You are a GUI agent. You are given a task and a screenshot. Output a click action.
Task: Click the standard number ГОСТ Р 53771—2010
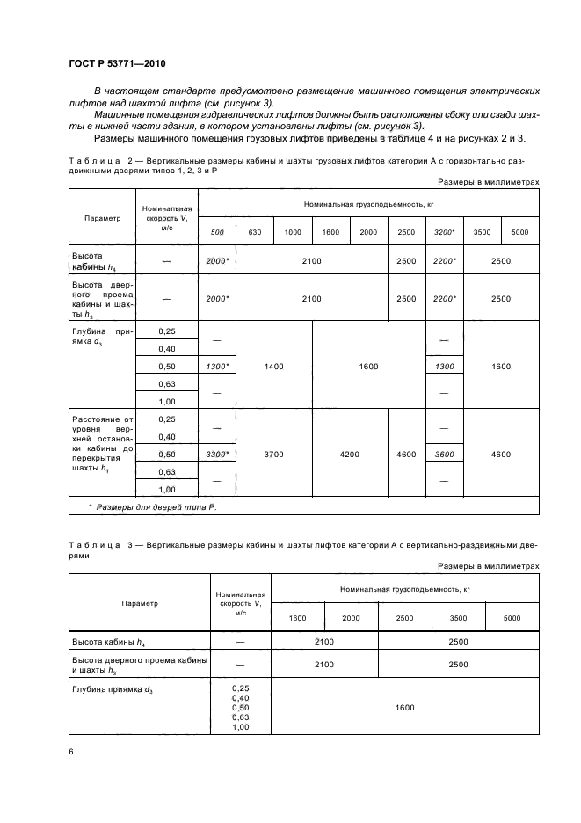click(116, 65)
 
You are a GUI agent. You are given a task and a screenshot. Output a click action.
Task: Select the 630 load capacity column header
click(255, 231)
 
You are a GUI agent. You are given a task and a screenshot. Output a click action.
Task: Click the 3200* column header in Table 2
click(444, 231)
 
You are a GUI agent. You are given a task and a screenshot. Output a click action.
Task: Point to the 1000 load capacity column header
click(293, 231)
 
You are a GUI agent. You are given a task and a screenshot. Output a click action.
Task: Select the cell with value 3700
click(273, 455)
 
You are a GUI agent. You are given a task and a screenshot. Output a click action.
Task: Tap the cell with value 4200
click(349, 455)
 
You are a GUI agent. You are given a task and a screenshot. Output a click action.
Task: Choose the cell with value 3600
click(444, 455)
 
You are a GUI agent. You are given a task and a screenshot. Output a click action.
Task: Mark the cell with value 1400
click(273, 366)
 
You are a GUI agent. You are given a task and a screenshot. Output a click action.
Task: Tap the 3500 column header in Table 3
click(458, 618)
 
